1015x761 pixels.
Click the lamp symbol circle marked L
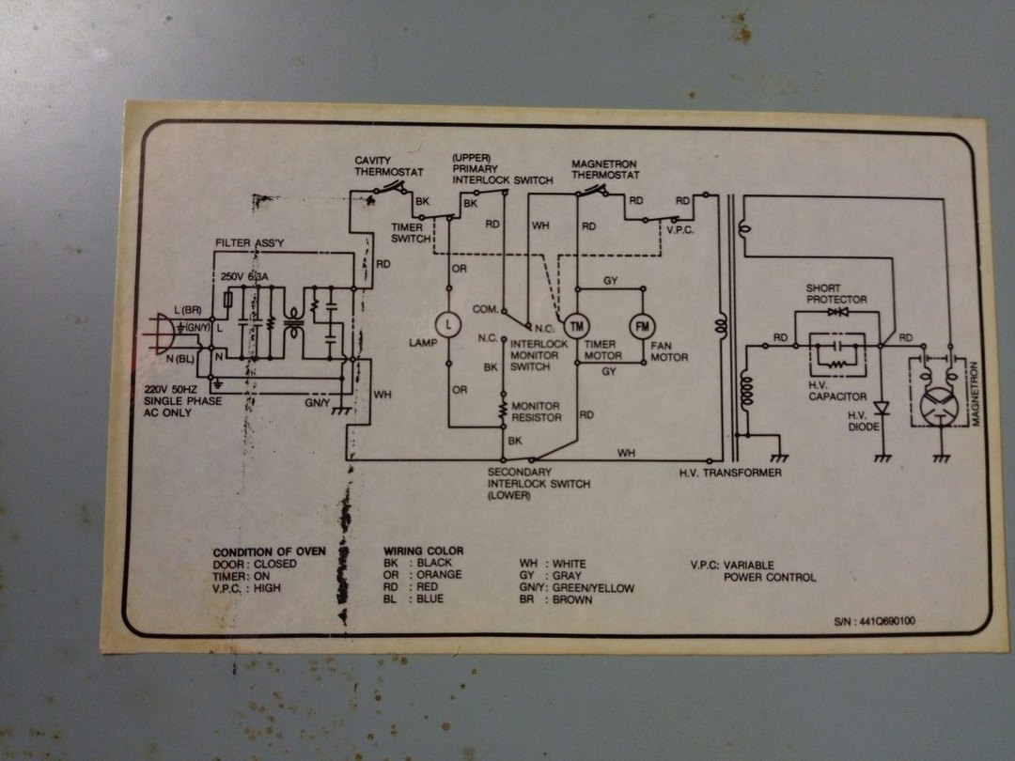(x=449, y=324)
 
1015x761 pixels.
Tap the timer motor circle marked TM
(x=576, y=326)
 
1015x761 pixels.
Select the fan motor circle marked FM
(x=643, y=326)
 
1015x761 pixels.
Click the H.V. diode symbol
(x=882, y=409)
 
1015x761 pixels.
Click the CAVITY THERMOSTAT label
(x=389, y=167)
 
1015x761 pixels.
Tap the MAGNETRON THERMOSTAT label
(x=605, y=170)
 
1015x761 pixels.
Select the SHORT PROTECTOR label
(x=835, y=294)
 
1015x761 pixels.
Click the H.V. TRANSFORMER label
(x=730, y=473)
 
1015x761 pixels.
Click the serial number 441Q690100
(x=874, y=622)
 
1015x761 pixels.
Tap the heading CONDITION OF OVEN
(x=269, y=551)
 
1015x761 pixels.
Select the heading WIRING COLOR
(x=423, y=551)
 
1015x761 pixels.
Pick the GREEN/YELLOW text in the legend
(x=593, y=588)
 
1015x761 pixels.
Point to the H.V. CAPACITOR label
(x=837, y=390)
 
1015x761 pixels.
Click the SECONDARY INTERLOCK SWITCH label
(x=539, y=483)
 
